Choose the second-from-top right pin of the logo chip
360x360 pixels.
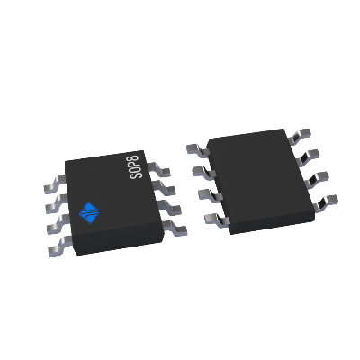click(x=166, y=185)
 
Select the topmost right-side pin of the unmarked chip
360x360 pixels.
click(x=305, y=134)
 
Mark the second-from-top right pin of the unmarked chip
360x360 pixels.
click(x=314, y=155)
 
